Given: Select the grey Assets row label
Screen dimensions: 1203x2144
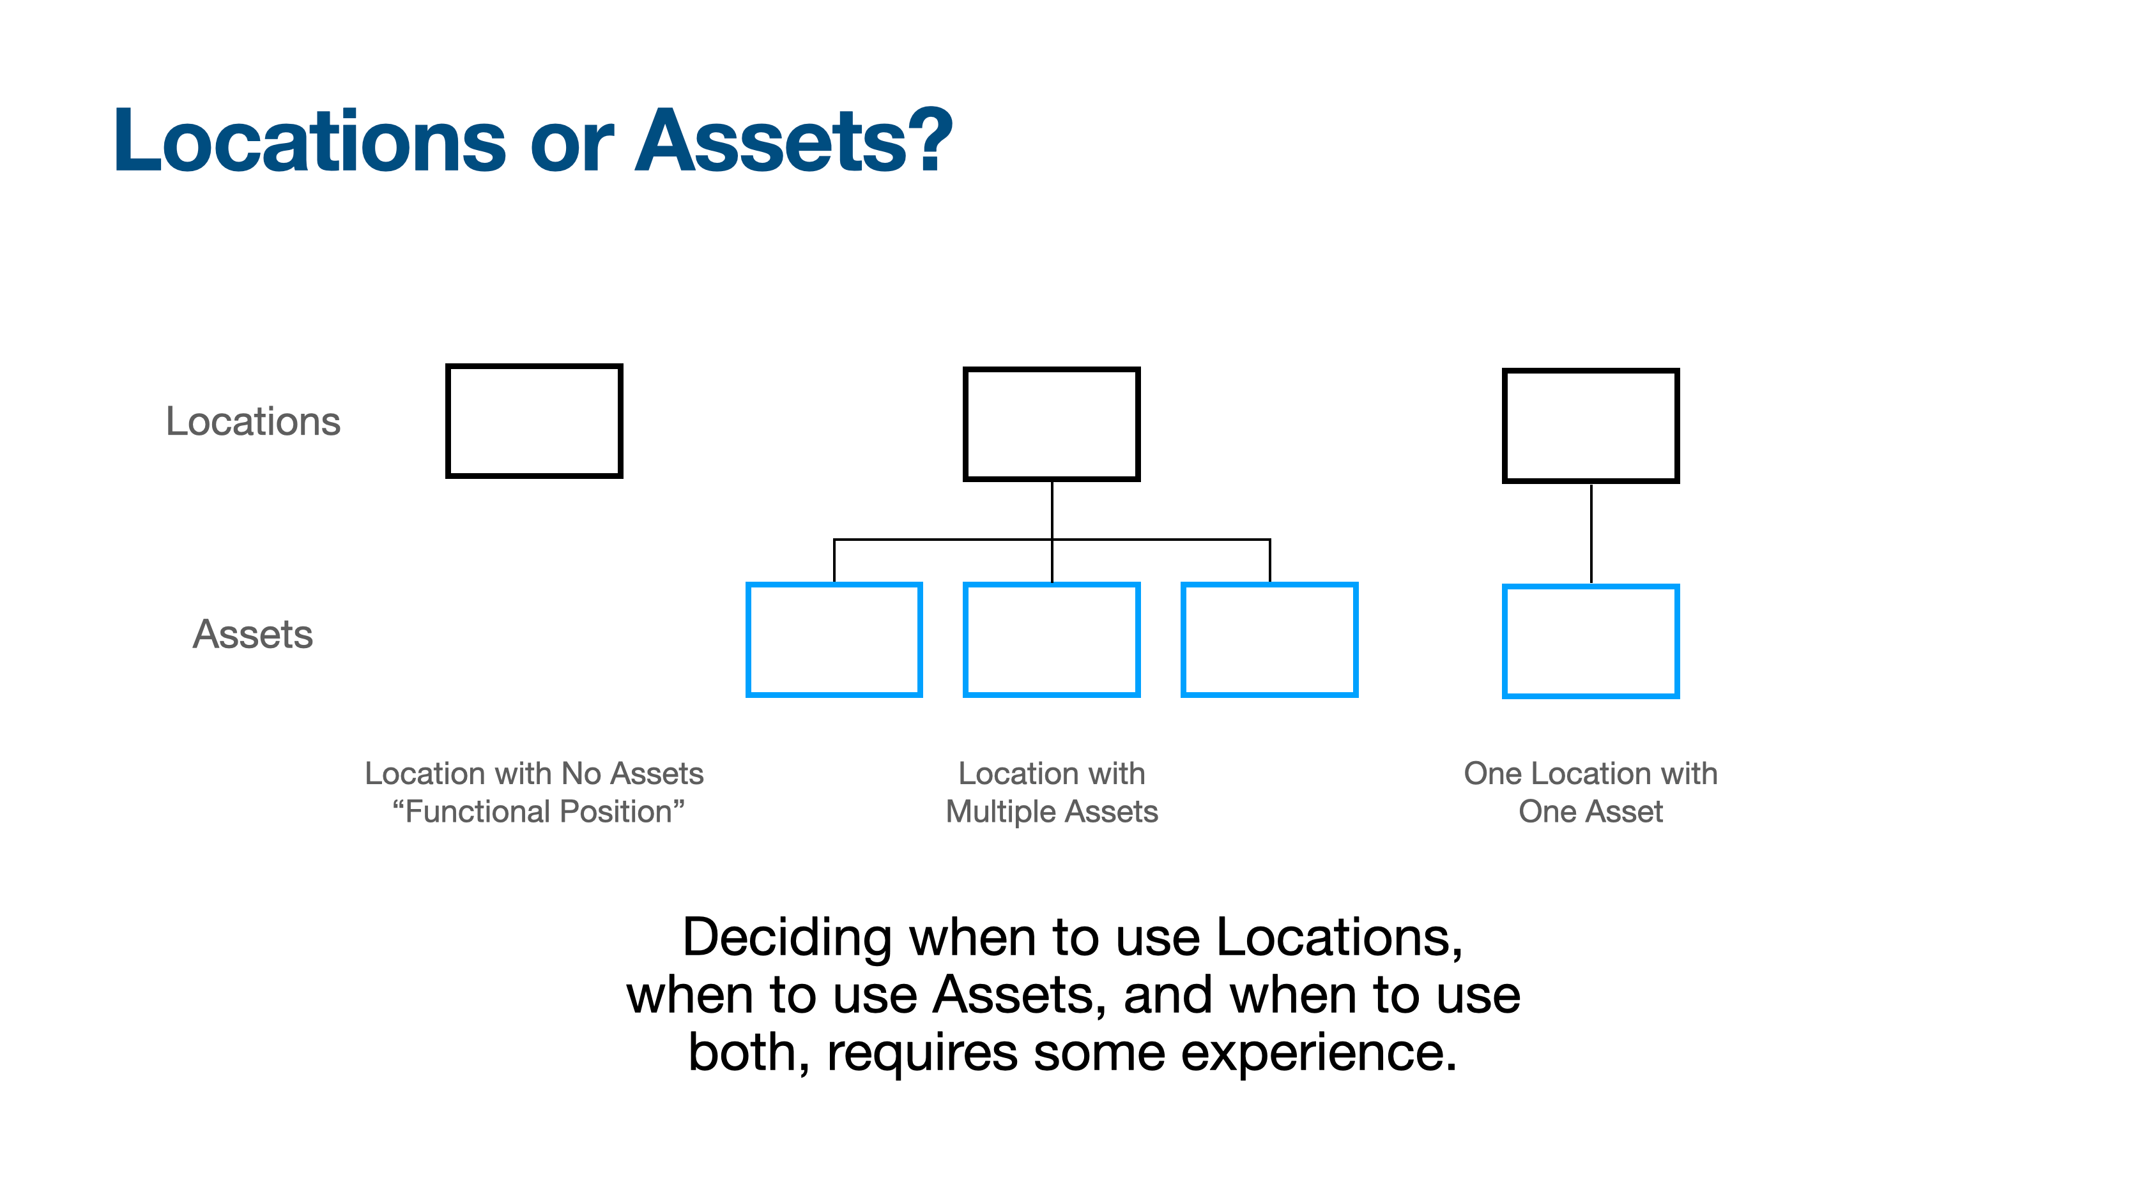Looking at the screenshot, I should click(x=253, y=634).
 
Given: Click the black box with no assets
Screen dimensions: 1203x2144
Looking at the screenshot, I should click(x=533, y=421).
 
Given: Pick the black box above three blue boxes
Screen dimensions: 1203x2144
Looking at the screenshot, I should click(x=1051, y=424).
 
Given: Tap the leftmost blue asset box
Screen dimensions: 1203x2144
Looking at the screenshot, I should click(x=834, y=639).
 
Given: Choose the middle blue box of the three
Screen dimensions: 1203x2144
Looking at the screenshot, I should click(x=1051, y=639).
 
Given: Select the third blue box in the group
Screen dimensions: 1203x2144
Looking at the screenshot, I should click(x=1269, y=639).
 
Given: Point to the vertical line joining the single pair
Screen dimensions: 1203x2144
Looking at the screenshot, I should click(x=1591, y=533).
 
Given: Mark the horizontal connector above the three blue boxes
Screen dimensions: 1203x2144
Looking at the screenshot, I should click(x=940, y=540).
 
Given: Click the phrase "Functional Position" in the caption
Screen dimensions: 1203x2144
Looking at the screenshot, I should click(x=539, y=811).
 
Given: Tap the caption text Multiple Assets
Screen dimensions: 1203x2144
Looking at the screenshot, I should click(x=1051, y=811).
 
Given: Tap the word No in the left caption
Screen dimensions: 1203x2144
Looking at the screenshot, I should click(x=581, y=774).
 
